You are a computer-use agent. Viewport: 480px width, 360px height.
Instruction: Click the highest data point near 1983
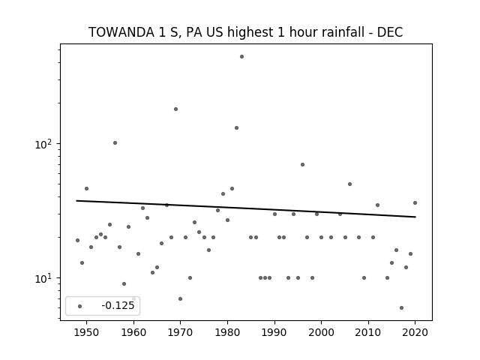[241, 57]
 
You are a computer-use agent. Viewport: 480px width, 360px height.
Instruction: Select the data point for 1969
[176, 109]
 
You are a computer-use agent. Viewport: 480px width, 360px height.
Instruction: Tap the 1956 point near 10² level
[115, 143]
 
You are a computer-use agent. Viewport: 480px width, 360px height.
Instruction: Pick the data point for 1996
[302, 165]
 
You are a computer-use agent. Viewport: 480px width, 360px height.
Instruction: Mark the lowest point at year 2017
[402, 308]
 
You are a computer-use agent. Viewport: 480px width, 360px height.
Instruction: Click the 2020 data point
[415, 203]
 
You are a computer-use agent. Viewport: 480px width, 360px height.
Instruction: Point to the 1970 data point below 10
[180, 298]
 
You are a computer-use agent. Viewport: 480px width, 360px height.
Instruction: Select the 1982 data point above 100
[237, 128]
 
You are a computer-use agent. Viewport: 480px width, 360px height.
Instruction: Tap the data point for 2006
[350, 184]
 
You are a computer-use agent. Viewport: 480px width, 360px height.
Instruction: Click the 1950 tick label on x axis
[87, 332]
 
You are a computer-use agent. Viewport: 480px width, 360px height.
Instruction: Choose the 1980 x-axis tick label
[227, 332]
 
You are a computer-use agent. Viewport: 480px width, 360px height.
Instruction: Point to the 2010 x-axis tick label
[368, 332]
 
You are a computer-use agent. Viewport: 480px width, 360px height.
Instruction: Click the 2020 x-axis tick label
[415, 332]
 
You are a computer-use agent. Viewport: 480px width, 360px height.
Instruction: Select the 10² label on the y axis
[43, 144]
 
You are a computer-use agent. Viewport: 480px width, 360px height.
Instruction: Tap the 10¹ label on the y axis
[43, 278]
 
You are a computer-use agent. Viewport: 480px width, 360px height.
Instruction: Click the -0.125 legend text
[118, 305]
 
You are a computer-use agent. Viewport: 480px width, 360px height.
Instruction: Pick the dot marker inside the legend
[80, 307]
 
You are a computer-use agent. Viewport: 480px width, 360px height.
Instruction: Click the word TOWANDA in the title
[121, 32]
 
